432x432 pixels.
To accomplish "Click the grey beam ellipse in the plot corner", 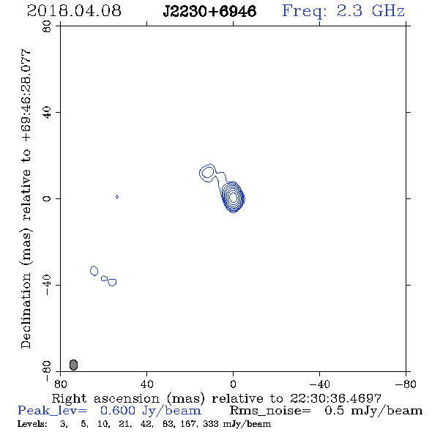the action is point(73,365).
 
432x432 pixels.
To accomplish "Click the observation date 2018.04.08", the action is point(74,11).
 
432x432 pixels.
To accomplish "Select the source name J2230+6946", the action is point(209,12).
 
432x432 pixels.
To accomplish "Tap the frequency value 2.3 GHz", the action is point(370,11).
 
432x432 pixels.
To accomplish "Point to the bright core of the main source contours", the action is point(233,197).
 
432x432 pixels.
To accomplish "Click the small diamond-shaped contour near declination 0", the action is point(117,197).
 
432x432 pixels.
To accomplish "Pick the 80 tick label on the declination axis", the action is point(47,26).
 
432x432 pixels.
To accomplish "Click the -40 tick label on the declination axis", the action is point(47,285).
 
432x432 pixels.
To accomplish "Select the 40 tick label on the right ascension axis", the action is point(146,384).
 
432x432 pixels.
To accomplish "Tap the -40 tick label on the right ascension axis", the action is point(319,384).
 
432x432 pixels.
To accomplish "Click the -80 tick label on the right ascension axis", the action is point(406,384).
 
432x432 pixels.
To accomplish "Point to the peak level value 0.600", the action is point(118,411).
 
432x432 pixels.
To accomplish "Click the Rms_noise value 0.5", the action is point(334,411).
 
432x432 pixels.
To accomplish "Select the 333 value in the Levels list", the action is point(210,424).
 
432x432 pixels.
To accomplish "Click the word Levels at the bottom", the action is point(32,424).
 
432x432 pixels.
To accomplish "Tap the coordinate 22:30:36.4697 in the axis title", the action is point(335,398).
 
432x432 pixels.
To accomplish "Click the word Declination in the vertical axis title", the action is point(26,310).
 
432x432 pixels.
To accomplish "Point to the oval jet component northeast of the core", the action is point(207,173).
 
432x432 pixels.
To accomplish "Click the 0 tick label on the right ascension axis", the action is point(233,384).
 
